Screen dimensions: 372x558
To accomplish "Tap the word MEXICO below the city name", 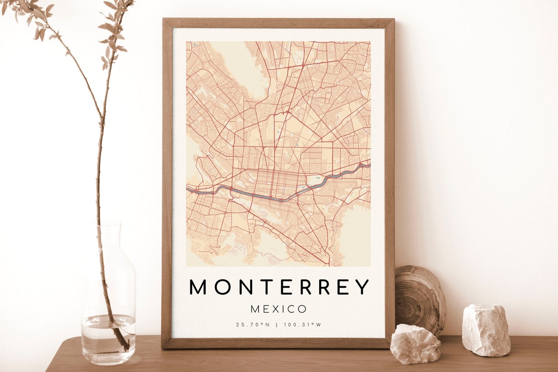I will [279, 309].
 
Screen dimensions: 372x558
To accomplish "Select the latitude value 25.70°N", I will [253, 325].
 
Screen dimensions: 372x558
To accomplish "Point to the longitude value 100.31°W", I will [302, 325].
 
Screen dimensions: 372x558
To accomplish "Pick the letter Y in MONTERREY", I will [361, 287].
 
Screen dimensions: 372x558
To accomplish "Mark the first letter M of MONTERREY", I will [198, 287].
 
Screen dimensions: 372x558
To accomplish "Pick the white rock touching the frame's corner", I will [415, 344].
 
